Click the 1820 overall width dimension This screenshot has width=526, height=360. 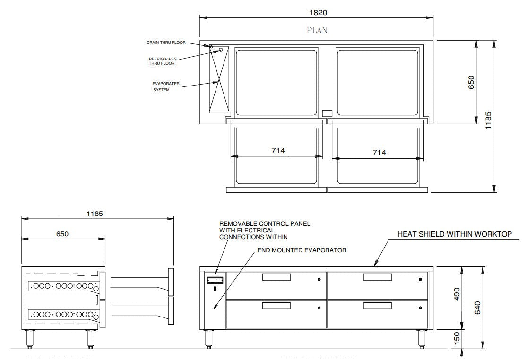(x=317, y=13)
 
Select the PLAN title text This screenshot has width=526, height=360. (x=317, y=30)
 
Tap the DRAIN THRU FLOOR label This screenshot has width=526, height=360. (x=165, y=43)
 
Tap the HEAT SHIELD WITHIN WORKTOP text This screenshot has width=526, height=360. (x=454, y=234)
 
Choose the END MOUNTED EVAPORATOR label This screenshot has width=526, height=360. (x=302, y=250)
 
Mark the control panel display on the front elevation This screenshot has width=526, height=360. (x=215, y=280)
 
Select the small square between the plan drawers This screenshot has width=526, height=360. (x=327, y=113)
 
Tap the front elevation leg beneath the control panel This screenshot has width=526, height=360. (x=208, y=339)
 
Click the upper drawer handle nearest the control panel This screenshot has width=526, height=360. (x=276, y=277)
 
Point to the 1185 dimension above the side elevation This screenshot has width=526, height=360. (x=95, y=214)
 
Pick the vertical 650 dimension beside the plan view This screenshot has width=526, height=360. (x=471, y=82)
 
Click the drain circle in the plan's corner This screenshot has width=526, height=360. (x=211, y=47)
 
